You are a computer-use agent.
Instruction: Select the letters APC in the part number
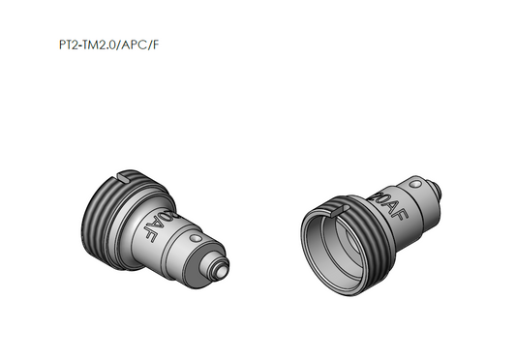[133, 45]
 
